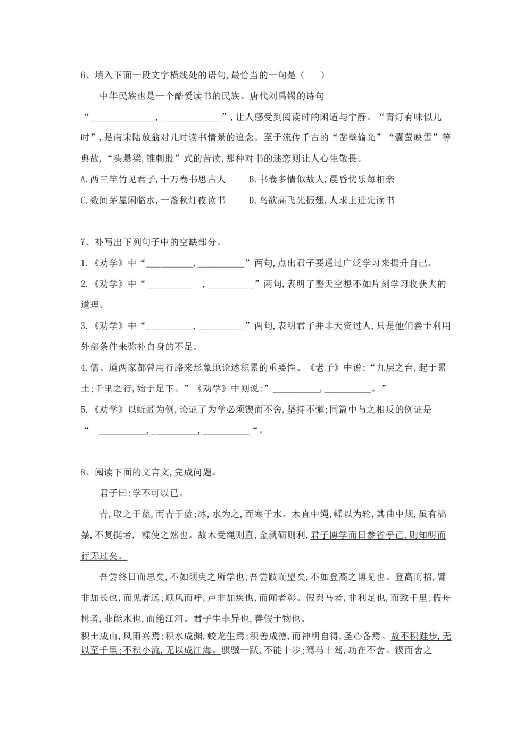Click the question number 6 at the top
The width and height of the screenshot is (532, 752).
[84, 75]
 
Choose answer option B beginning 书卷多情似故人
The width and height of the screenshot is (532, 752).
[322, 179]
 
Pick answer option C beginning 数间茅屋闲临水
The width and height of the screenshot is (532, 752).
[153, 200]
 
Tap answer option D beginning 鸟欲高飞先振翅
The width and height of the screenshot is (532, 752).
[322, 200]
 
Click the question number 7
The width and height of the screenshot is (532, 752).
[84, 243]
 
